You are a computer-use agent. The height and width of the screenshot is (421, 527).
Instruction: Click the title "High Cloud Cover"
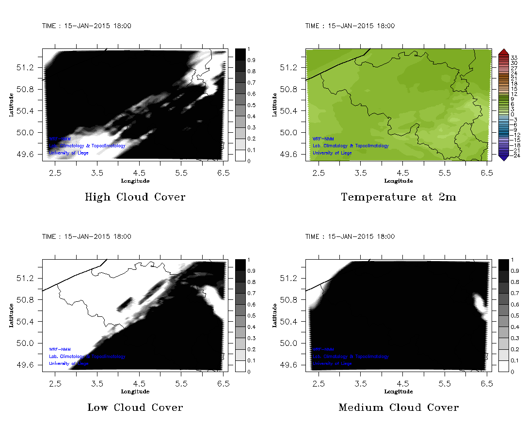[135, 197]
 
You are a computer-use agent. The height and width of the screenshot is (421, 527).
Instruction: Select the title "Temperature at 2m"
[399, 197]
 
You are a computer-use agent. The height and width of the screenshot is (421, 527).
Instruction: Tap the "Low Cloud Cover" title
[135, 407]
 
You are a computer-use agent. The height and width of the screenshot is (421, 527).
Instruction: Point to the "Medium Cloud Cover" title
[399, 407]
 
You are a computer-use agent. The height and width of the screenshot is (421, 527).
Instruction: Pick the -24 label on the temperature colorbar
[514, 156]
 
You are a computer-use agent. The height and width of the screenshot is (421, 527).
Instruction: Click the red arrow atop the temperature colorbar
[503, 52]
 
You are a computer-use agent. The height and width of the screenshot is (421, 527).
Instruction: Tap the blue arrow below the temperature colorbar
[503, 157]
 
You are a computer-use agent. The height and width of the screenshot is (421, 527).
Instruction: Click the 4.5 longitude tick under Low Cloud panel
[140, 383]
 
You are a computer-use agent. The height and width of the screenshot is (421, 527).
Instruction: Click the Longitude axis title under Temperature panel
[399, 181]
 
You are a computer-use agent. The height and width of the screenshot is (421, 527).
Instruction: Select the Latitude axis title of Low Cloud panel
[11, 315]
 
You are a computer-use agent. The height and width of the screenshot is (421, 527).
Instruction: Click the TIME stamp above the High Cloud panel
[87, 26]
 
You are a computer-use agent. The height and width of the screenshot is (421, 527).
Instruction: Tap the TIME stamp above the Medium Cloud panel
[350, 236]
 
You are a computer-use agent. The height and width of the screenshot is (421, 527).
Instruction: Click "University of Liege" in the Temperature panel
[332, 153]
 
